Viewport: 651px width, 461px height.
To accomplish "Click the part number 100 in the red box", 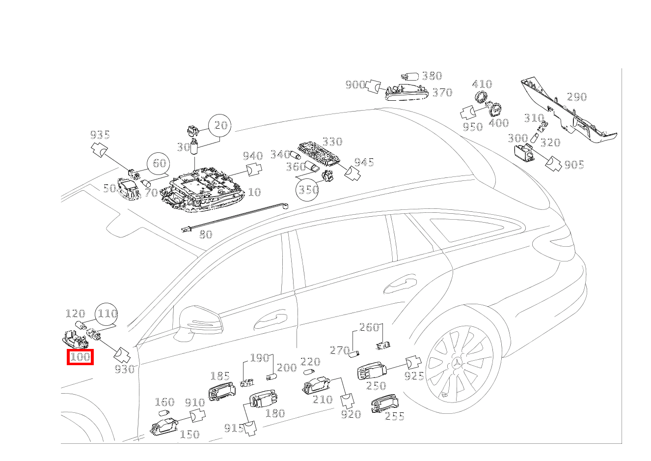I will pos(80,357).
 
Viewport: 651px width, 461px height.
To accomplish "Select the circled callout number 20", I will pos(220,126).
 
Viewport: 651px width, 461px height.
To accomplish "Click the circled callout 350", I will pos(308,189).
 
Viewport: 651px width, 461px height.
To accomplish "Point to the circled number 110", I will pos(107,314).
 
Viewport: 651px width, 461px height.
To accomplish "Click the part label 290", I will pos(576,97).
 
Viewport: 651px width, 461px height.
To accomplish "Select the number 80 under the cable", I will pos(206,234).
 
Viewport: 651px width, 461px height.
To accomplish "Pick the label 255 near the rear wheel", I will pos(394,417).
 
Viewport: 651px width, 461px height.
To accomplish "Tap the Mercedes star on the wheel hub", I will pos(458,364).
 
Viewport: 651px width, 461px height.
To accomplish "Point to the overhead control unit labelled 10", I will pos(204,192).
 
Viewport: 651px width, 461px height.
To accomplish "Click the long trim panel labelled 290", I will pos(570,113).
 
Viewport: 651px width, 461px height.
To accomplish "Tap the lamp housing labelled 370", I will pos(406,92).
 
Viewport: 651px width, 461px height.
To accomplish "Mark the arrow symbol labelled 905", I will pos(554,164).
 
